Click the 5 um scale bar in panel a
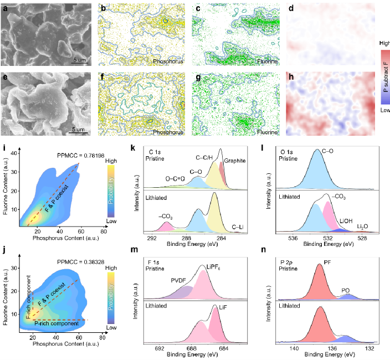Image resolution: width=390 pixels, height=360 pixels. (80, 63)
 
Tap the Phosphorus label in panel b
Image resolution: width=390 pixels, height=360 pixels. (168, 61)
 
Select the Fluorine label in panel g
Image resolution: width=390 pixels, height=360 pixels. (267, 132)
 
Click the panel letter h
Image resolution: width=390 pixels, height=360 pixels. (291, 77)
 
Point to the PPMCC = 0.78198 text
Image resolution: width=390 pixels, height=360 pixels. (81, 156)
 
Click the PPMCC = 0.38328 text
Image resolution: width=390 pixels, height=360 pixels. (81, 262)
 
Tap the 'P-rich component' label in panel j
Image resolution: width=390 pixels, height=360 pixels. (57, 323)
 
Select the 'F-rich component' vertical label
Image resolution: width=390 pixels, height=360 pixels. (29, 297)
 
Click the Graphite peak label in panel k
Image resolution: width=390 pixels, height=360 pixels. (235, 161)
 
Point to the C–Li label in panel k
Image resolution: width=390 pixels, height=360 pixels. (238, 227)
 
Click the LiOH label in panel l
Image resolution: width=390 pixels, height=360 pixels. (346, 221)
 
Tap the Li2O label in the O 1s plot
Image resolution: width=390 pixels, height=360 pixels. (362, 227)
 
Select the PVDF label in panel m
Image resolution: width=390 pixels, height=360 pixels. (178, 280)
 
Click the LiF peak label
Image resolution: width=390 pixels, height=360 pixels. (223, 307)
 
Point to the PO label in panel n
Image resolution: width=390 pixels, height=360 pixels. (346, 290)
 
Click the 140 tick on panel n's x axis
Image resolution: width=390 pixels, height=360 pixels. (294, 348)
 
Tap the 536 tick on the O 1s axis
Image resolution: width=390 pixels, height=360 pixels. (293, 238)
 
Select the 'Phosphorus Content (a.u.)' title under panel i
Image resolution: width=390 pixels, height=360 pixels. (66, 238)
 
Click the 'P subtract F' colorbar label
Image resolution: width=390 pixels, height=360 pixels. (386, 77)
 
